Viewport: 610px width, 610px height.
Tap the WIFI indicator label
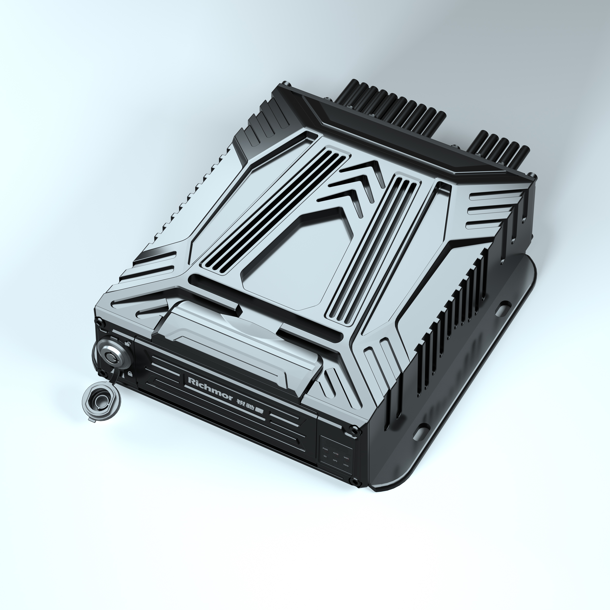pyautogui.click(x=346, y=458)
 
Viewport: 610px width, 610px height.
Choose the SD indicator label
pyautogui.click(x=325, y=456)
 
